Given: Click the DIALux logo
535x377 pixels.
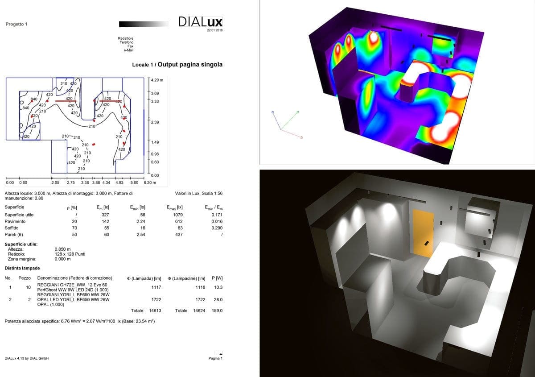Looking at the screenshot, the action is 200,21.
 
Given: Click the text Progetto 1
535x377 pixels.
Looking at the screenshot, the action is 16,24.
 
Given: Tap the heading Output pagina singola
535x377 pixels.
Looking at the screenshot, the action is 190,65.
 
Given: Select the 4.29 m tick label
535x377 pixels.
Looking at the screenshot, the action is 157,80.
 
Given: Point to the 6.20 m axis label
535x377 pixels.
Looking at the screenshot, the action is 150,182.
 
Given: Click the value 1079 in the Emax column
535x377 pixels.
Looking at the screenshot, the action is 178,215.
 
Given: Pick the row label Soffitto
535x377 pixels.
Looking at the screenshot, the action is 12,228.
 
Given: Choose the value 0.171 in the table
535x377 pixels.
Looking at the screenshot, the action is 217,215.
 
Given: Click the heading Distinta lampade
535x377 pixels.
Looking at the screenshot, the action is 22,268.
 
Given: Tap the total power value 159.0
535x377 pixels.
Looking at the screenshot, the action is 217,311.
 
